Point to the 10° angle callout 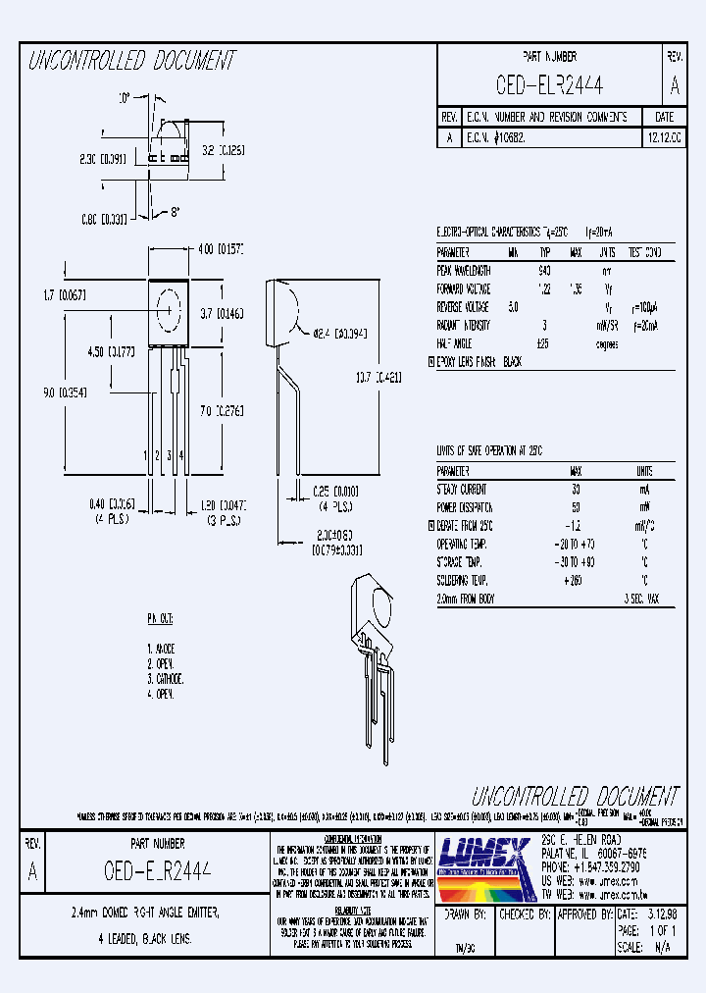(125, 99)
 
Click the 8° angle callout (176, 212)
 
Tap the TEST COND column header (645, 251)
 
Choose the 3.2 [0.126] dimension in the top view (215, 151)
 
